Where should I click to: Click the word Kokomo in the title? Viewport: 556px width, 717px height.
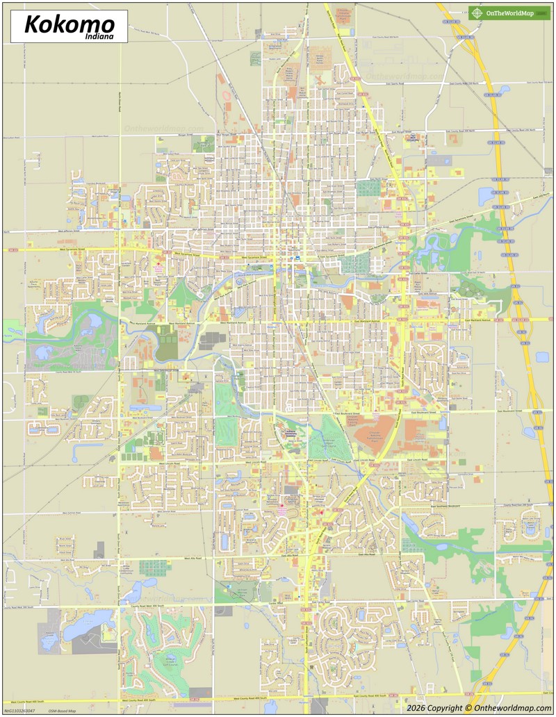(x=69, y=24)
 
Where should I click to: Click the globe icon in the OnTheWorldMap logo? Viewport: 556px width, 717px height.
(x=477, y=13)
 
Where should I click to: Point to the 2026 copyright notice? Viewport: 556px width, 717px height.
(x=480, y=708)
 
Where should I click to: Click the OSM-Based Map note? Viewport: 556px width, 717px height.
(x=62, y=711)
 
